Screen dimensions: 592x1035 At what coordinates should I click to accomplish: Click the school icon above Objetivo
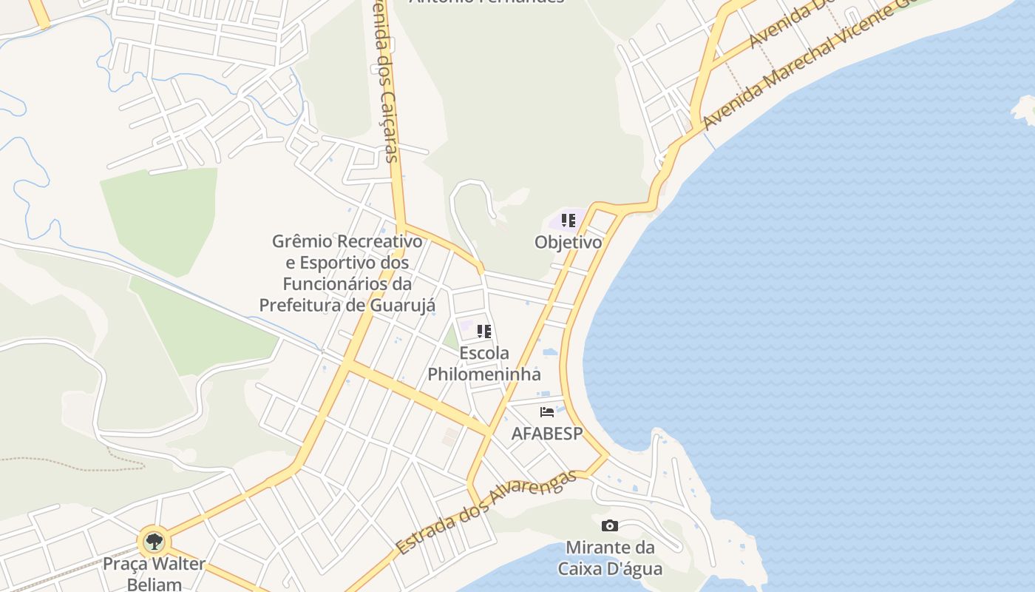click(x=568, y=221)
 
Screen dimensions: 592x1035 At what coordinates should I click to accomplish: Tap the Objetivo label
click(x=568, y=242)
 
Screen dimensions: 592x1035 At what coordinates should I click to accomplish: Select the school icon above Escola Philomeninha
click(x=484, y=331)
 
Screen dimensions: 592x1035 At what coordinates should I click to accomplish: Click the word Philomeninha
click(x=484, y=374)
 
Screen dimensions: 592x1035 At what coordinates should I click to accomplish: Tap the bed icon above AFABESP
click(x=547, y=412)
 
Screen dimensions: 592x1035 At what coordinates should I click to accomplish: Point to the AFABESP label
click(x=547, y=434)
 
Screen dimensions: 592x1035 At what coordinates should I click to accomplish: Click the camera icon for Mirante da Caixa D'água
click(x=610, y=525)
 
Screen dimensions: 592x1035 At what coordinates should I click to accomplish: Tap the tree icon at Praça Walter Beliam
click(x=154, y=542)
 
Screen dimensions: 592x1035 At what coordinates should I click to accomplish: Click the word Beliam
click(x=154, y=585)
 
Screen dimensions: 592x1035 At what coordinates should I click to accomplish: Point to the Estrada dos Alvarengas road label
click(x=486, y=512)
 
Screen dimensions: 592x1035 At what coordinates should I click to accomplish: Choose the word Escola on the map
click(x=484, y=353)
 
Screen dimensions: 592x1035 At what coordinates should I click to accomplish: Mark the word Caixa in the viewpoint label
click(x=582, y=569)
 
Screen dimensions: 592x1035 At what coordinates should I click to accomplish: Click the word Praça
click(x=125, y=564)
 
